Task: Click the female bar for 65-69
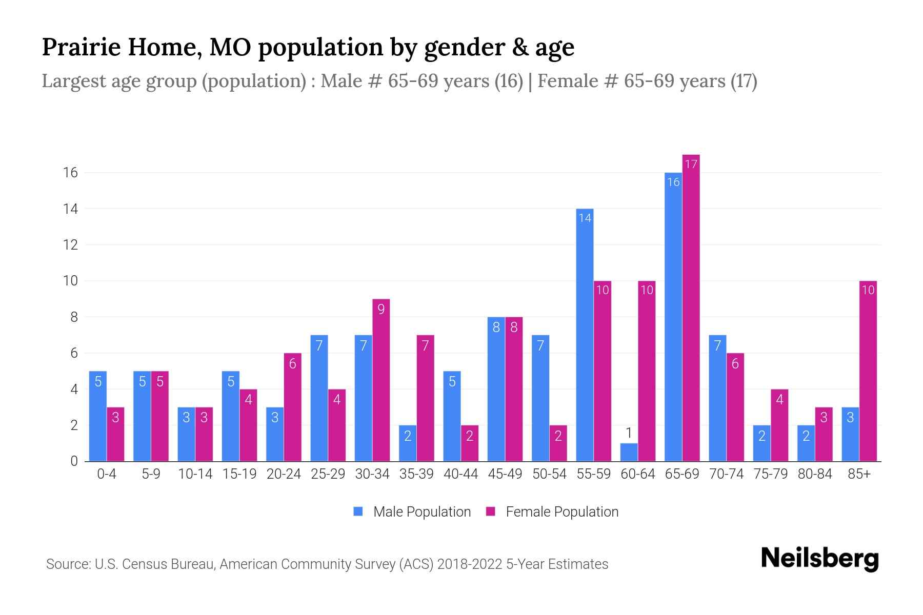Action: [x=691, y=307]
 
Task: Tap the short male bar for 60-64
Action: [x=629, y=452]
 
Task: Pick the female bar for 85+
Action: [x=868, y=371]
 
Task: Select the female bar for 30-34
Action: [x=381, y=380]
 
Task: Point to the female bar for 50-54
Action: [x=558, y=443]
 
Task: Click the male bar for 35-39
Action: [x=408, y=443]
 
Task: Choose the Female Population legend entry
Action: [x=552, y=512]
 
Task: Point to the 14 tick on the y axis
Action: [x=70, y=209]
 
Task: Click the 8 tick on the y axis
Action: [x=74, y=317]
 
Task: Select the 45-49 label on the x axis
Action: [x=505, y=474]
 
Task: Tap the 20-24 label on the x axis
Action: [x=284, y=474]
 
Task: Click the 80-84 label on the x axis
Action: [x=815, y=474]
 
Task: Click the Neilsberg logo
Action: [x=819, y=559]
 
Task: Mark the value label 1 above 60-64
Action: [x=629, y=434]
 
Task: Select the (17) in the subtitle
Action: [x=744, y=81]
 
